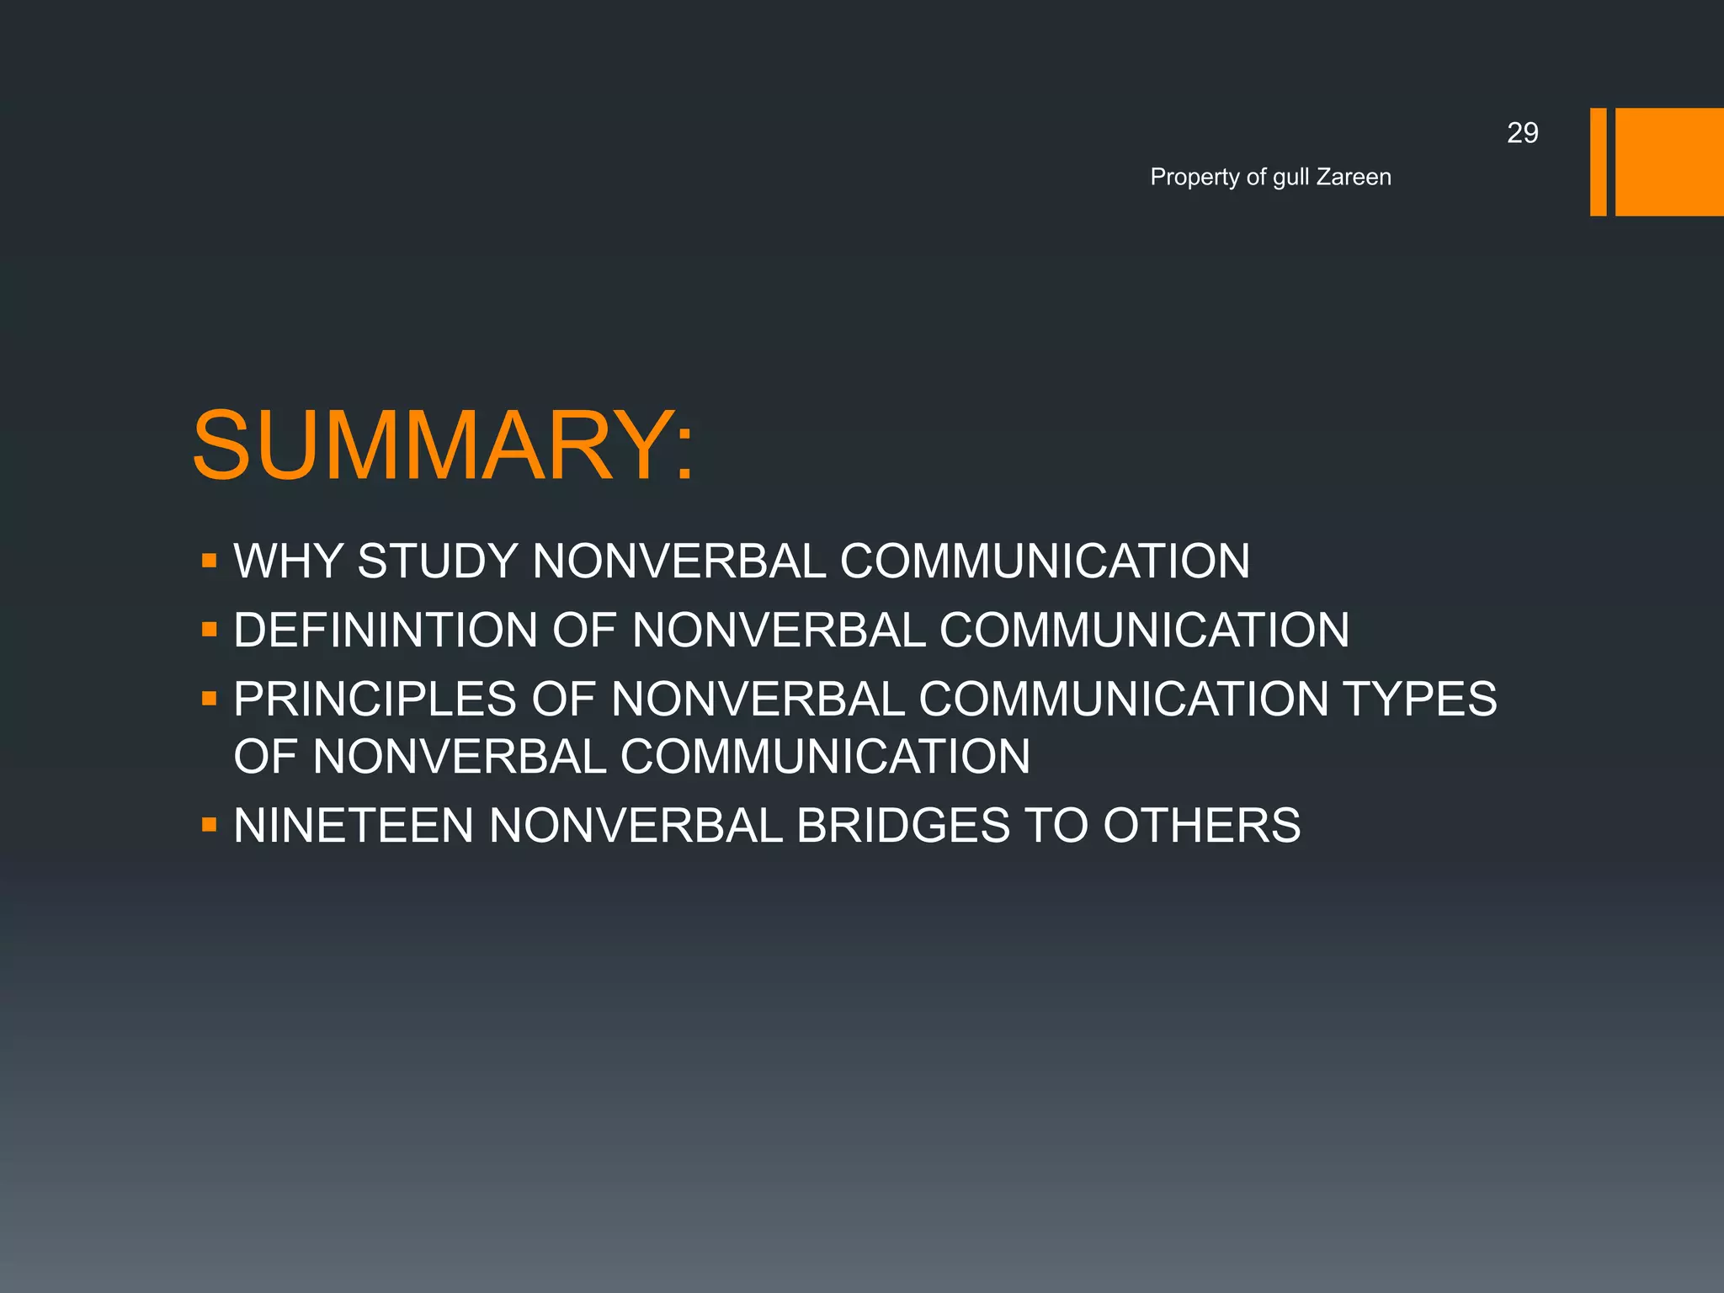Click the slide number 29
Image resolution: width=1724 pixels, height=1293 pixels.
(x=1522, y=133)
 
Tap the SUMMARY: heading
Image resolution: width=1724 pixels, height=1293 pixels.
(x=444, y=445)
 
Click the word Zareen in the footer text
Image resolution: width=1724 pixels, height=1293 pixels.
(x=1354, y=177)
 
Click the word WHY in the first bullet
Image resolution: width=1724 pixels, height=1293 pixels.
(x=288, y=561)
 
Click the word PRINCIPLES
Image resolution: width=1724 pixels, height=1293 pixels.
(x=375, y=699)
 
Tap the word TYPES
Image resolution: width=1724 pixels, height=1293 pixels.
(x=1419, y=699)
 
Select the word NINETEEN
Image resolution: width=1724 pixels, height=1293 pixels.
(x=354, y=825)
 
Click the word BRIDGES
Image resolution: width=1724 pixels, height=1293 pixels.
(x=902, y=825)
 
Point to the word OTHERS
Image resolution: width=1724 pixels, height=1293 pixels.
(x=1201, y=825)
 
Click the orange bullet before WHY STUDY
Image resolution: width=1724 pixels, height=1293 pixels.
(x=210, y=561)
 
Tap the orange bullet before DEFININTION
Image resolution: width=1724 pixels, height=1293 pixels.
(x=210, y=630)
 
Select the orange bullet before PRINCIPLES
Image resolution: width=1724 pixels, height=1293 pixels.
(x=210, y=699)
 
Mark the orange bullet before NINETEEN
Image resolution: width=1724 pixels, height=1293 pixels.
(x=210, y=825)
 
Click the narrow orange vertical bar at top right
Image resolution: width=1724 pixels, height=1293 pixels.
(x=1598, y=162)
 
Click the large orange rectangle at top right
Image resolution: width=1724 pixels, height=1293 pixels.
(x=1669, y=162)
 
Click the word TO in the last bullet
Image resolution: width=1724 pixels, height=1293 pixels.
(x=1056, y=825)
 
